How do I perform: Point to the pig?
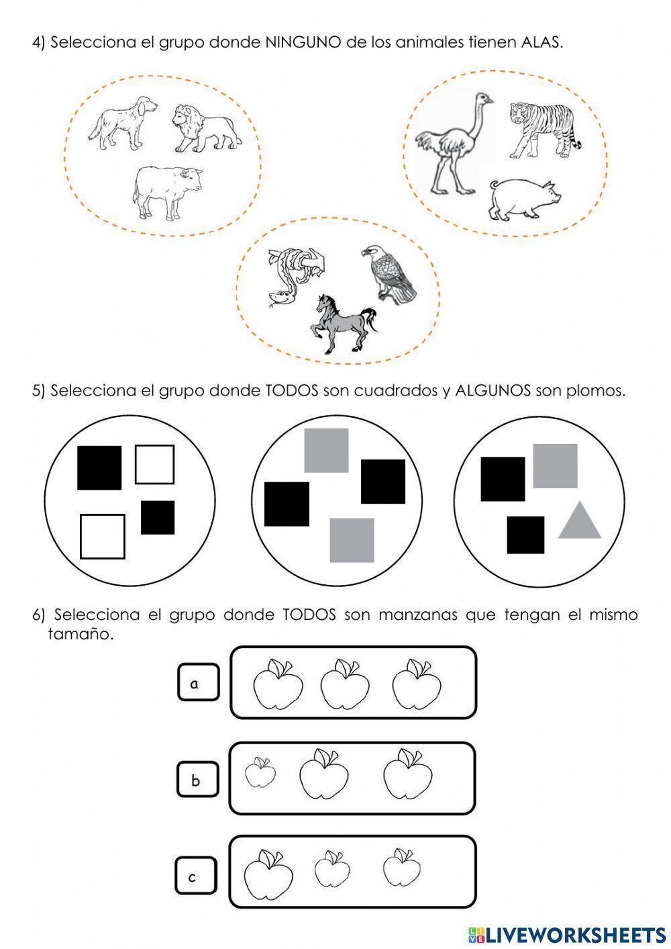(x=524, y=199)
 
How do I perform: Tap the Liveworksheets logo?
(x=566, y=934)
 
